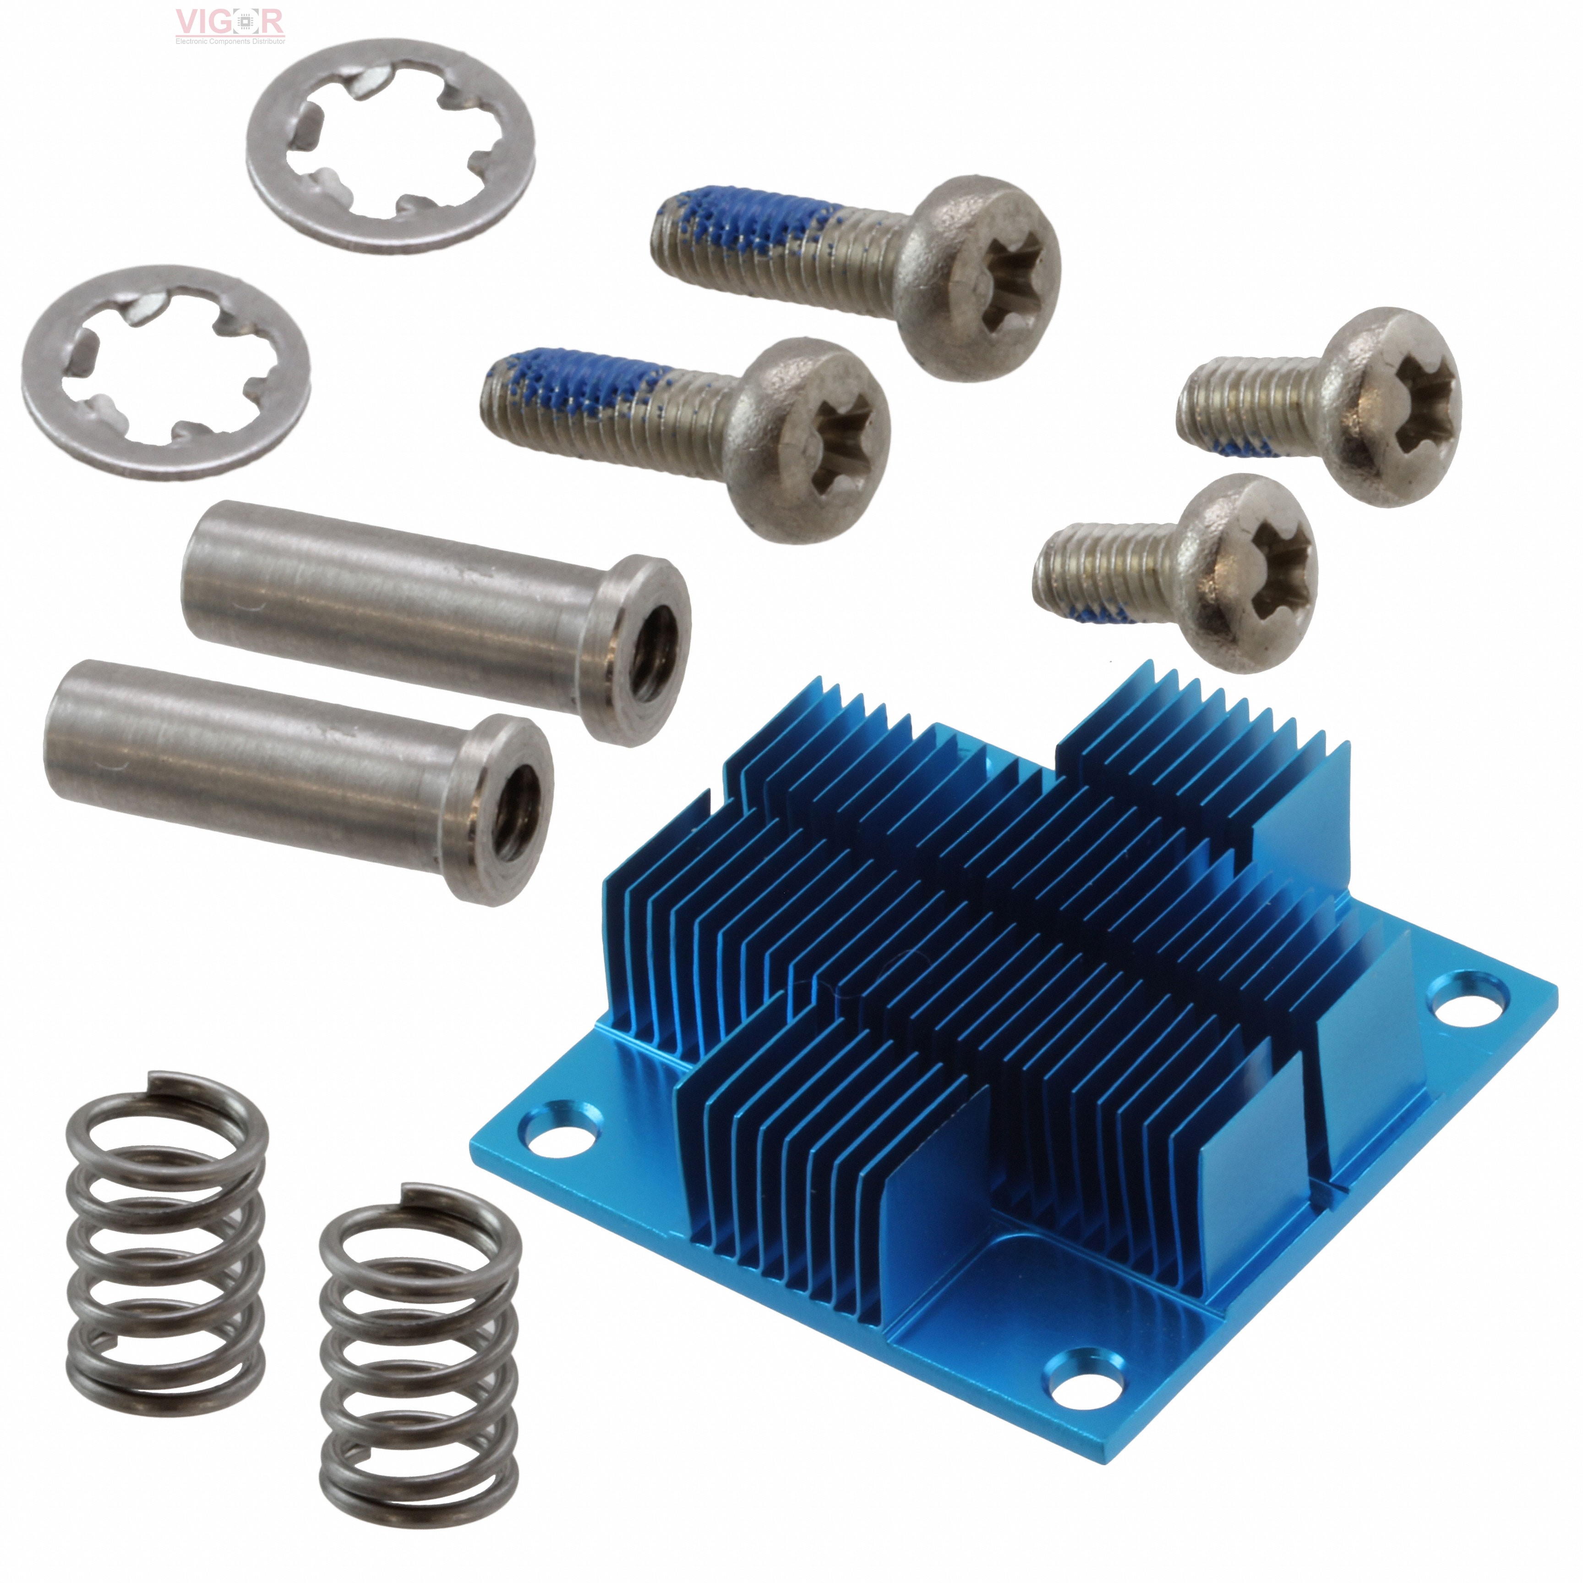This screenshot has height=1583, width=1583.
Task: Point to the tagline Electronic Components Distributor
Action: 230,41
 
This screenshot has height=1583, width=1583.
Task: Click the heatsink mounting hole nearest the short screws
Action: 1469,999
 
